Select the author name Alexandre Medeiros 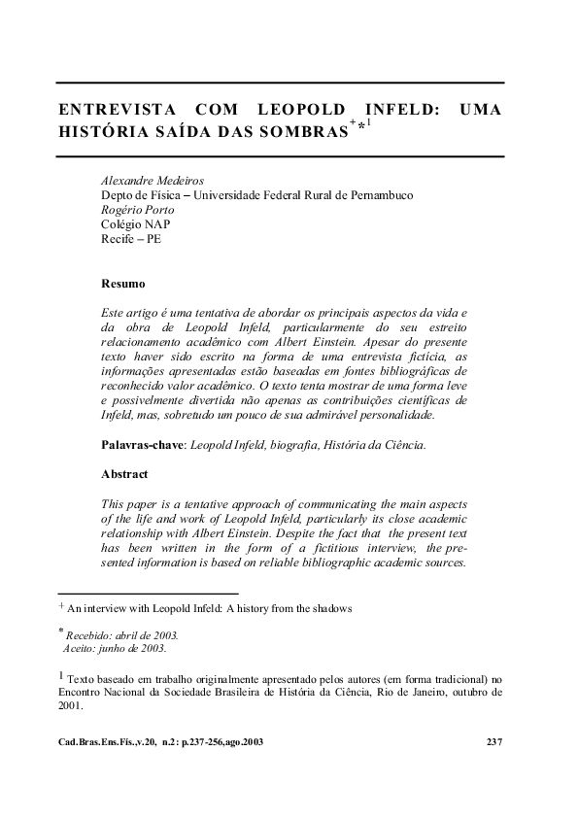point(152,181)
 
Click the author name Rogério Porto point(138,209)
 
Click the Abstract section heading point(125,474)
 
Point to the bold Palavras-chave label point(143,445)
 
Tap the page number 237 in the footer point(493,741)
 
